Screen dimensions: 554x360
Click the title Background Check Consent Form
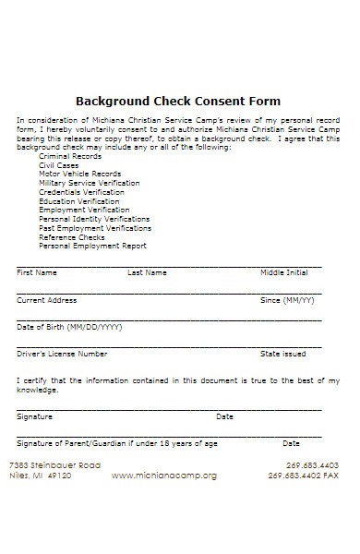(178, 101)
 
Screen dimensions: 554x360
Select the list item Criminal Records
(70, 156)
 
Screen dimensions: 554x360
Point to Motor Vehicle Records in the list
(79, 174)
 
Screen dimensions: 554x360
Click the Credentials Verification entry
(81, 192)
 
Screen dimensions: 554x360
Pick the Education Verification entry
(78, 201)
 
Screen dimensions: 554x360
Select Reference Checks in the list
(71, 237)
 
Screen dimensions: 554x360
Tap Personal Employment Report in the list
(92, 247)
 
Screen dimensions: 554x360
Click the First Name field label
(37, 273)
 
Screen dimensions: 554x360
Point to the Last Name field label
(147, 273)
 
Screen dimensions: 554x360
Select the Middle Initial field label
(283, 273)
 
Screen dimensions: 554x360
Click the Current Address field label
(46, 300)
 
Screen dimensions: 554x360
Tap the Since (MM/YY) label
(287, 300)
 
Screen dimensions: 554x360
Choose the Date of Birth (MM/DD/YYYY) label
(69, 327)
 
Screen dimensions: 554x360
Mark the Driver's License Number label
(62, 354)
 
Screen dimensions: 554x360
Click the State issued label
(282, 354)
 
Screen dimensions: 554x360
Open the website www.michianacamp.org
(164, 476)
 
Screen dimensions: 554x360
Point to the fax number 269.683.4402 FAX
(304, 476)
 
